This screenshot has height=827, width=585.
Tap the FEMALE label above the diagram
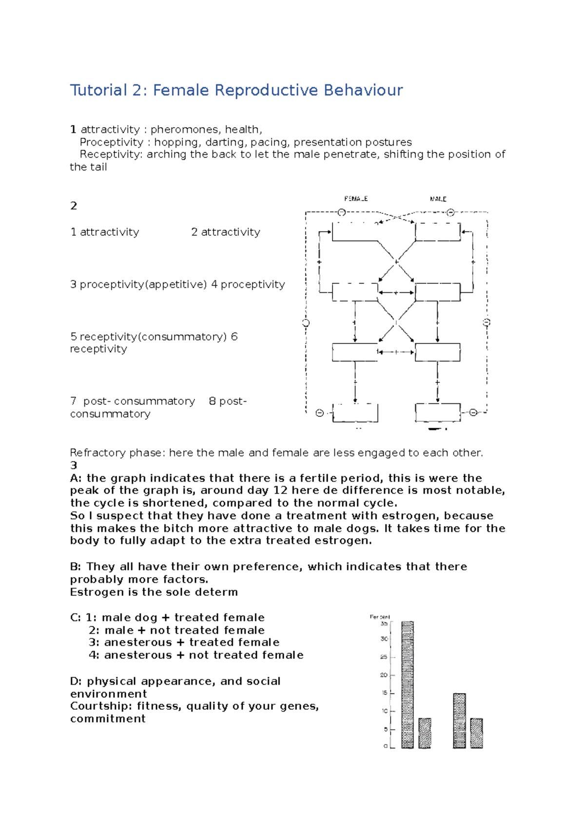click(x=356, y=199)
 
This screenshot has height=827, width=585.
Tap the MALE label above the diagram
click(x=438, y=199)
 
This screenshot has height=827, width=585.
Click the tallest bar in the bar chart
click(x=408, y=684)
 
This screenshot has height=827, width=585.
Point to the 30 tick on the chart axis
click(x=385, y=639)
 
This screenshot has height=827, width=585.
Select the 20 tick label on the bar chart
click(x=384, y=675)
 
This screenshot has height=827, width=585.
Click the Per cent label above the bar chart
click(x=380, y=617)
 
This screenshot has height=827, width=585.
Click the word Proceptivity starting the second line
click(x=111, y=142)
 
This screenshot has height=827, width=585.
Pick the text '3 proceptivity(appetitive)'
click(x=138, y=284)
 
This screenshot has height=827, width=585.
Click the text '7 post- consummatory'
click(x=133, y=401)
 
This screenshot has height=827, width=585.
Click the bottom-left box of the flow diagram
click(x=355, y=413)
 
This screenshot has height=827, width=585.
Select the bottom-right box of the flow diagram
click(x=437, y=413)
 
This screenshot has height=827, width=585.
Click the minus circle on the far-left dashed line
click(x=306, y=323)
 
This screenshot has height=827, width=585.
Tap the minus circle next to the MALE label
click(x=450, y=212)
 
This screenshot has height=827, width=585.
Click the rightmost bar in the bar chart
click(x=476, y=733)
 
